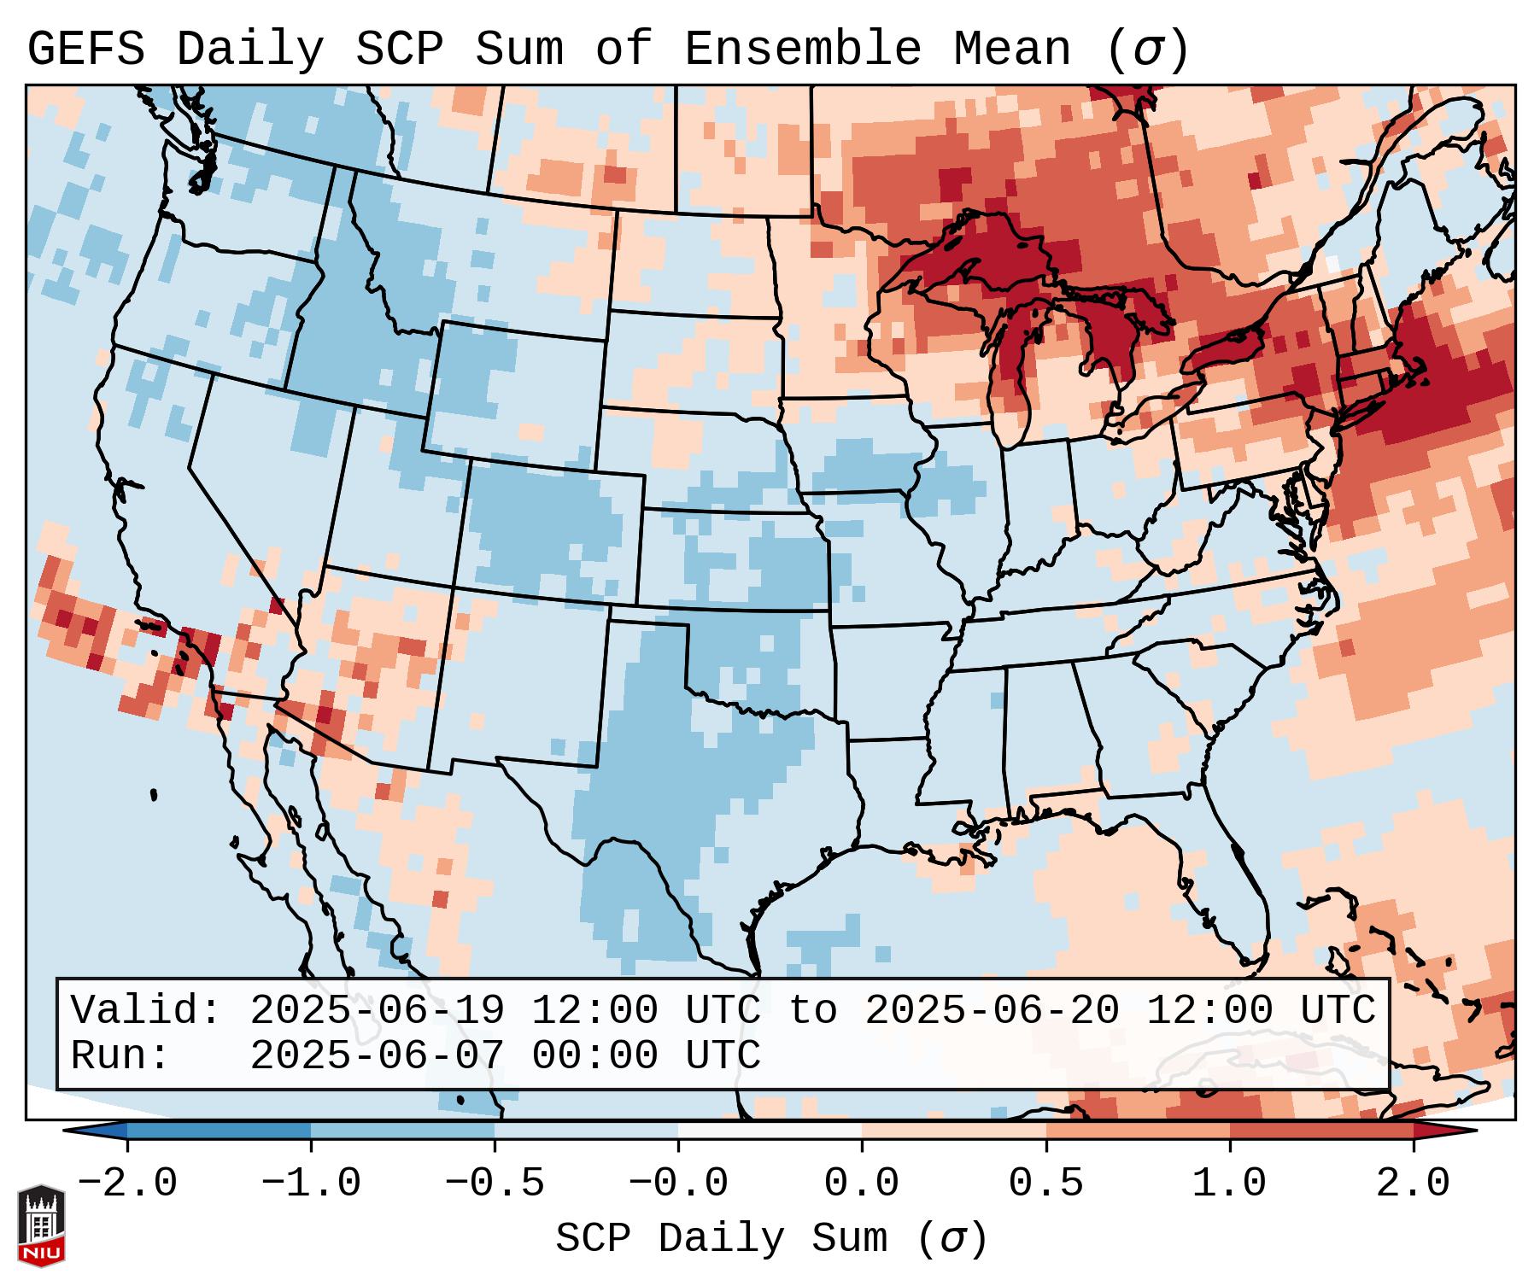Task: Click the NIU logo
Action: (41, 1225)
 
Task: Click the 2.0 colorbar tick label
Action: (1413, 1184)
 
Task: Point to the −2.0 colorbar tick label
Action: (127, 1184)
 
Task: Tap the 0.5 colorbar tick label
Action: (1045, 1184)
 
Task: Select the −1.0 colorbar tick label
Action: (311, 1184)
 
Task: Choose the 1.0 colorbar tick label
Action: (1229, 1184)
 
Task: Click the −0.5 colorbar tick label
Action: (495, 1184)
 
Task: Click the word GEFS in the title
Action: (85, 50)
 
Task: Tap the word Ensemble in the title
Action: (802, 50)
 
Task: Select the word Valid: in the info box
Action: (145, 1010)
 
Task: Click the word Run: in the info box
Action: (120, 1055)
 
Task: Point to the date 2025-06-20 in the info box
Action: (992, 1010)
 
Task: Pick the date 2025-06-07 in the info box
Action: (377, 1055)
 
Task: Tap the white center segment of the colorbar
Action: (770, 1131)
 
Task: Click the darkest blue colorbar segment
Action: (219, 1131)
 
